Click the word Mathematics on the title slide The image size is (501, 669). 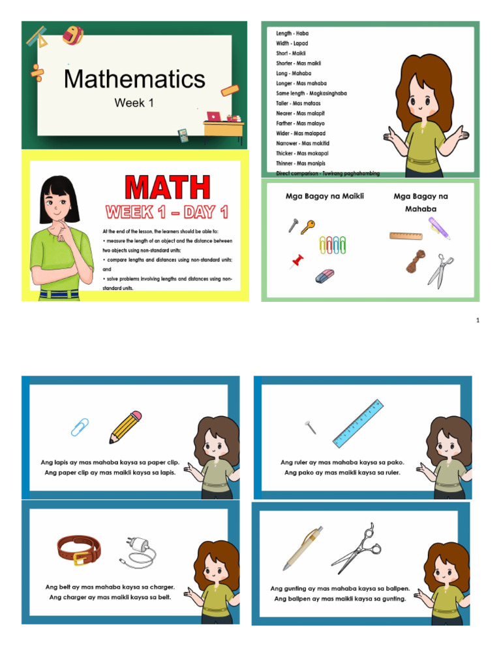click(134, 80)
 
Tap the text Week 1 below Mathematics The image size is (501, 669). click(134, 103)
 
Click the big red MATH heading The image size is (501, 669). click(168, 188)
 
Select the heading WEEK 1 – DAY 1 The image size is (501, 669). click(167, 212)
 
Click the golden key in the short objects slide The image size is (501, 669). click(308, 227)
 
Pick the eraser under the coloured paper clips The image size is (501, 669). click(325, 276)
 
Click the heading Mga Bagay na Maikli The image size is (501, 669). click(324, 196)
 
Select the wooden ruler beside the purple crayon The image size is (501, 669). click(406, 235)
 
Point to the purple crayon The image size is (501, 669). click(439, 228)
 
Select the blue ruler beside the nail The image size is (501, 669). click(357, 423)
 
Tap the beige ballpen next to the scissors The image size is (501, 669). click(302, 547)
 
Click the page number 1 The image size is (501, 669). click(478, 320)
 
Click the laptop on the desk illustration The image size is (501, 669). click(214, 116)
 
